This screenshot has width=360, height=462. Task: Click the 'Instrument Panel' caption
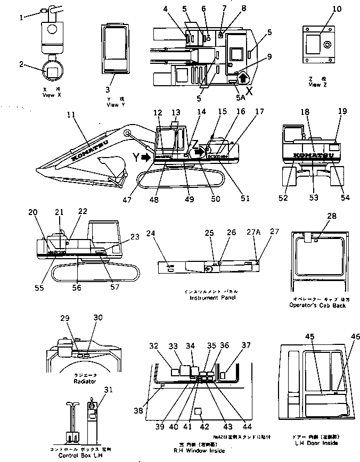[212, 298]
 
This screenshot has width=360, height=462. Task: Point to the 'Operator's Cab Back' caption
[317, 306]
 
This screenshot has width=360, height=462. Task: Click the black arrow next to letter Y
[146, 156]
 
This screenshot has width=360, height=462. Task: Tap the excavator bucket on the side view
[112, 166]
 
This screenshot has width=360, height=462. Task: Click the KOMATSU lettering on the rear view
[311, 155]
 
